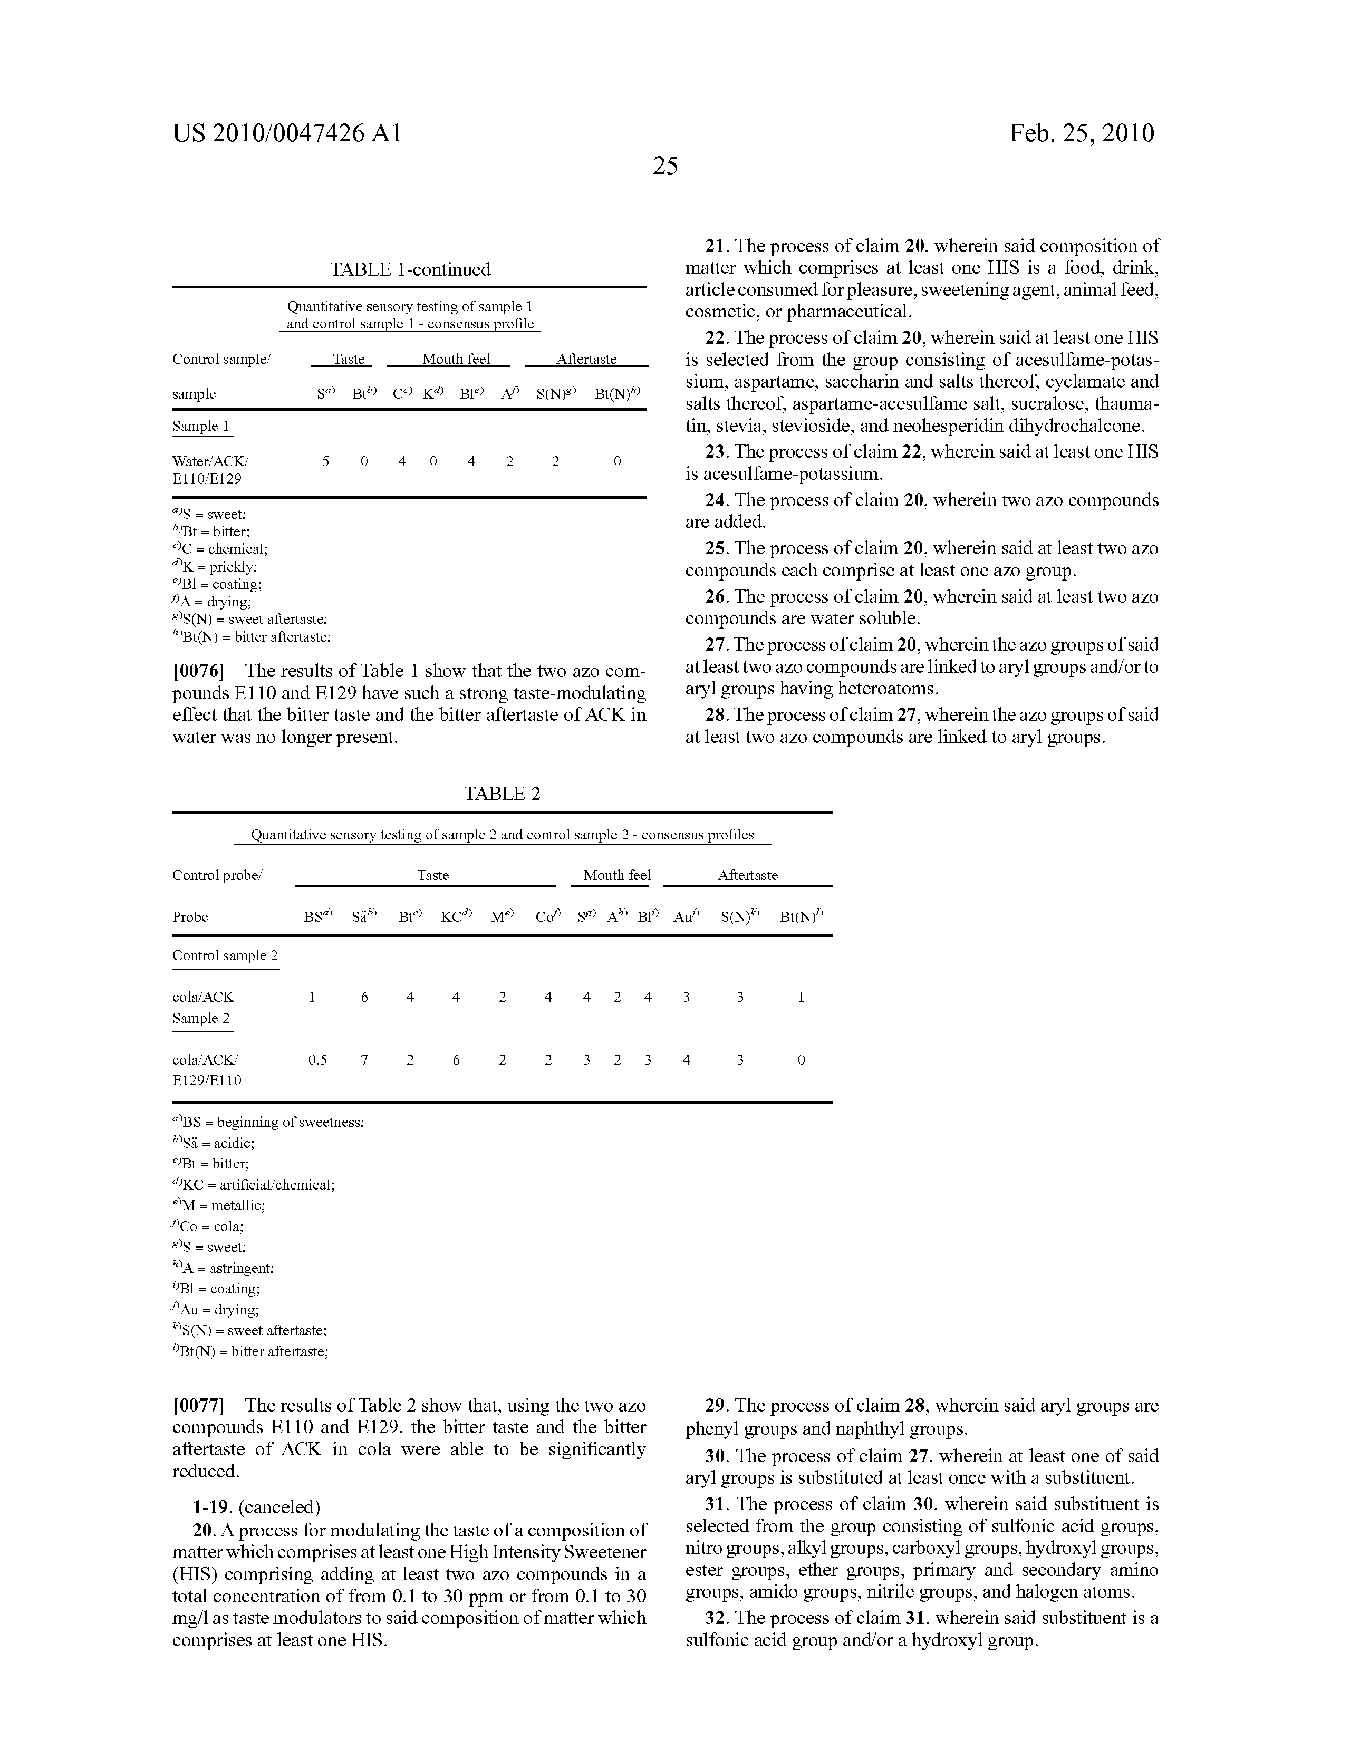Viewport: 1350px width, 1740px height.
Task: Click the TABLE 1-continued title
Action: (x=410, y=269)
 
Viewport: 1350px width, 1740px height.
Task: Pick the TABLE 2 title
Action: (x=502, y=794)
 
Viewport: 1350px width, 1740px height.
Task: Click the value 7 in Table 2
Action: (x=364, y=1060)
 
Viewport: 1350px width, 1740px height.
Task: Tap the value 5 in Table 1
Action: (x=325, y=461)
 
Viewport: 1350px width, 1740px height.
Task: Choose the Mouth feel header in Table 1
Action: (x=456, y=359)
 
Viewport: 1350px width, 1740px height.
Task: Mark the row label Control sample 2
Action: (x=225, y=956)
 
